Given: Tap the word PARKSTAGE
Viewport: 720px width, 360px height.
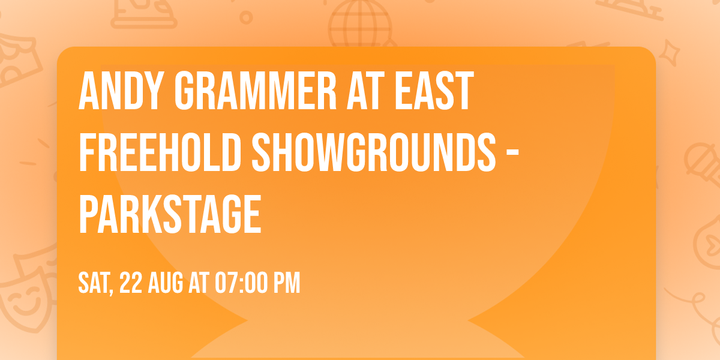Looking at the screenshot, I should tap(170, 214).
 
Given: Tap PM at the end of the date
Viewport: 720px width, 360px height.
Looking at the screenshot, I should tap(287, 283).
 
